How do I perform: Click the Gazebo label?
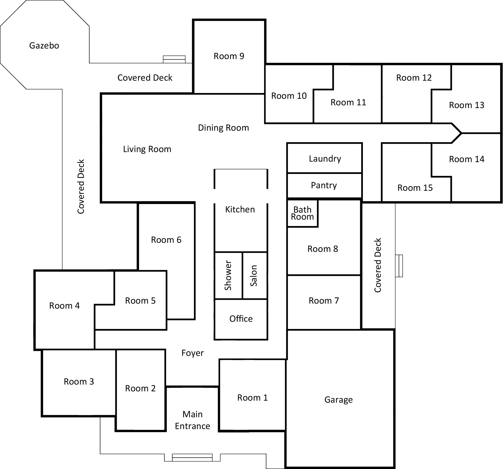(44, 45)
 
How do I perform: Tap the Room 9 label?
(229, 56)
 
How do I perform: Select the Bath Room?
(302, 213)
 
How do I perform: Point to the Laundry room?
(325, 158)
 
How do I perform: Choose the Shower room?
(228, 275)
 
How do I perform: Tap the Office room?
(241, 319)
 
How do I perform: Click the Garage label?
(339, 400)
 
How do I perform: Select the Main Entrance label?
(193, 420)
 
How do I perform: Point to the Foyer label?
(193, 353)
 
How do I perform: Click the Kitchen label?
(240, 209)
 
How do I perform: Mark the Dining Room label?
(223, 128)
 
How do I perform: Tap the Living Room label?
(147, 149)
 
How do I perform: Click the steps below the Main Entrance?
(192, 458)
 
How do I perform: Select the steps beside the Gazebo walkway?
(174, 59)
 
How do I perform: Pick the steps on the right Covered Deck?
(399, 266)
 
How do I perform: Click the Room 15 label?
(415, 188)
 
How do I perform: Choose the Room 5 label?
(140, 301)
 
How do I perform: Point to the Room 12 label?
(414, 78)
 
